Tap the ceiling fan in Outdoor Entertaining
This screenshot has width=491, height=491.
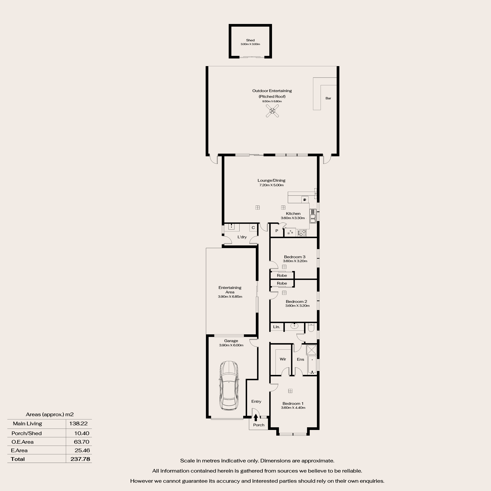[272, 111]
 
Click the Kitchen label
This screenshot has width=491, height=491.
[293, 214]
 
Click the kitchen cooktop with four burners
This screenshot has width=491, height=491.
[302, 233]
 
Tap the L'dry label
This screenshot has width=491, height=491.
[242, 237]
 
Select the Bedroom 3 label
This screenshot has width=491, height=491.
[295, 257]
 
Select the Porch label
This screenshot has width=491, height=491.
[259, 425]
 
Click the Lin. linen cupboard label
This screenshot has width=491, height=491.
[277, 327]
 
